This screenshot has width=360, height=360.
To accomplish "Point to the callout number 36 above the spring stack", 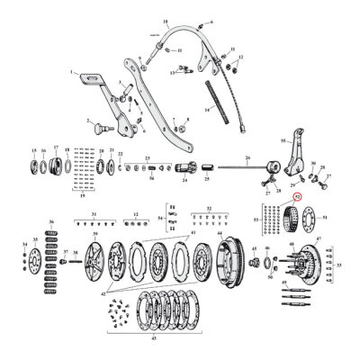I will pos(50,221).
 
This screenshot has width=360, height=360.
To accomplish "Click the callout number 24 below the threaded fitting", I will pos(184,180).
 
